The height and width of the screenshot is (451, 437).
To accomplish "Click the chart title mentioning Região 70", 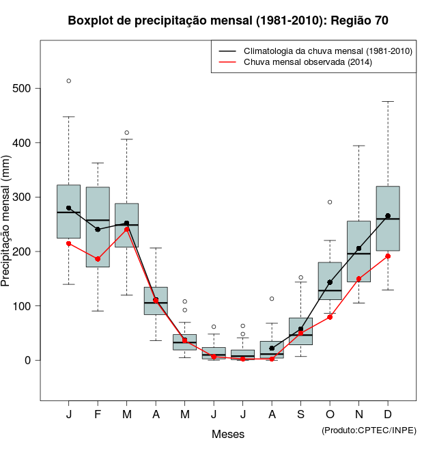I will point(228,20).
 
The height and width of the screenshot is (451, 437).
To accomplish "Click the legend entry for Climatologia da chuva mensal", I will point(328,51).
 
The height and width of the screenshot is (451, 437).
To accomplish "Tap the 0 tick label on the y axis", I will point(29,360).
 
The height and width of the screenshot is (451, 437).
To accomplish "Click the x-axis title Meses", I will point(228,434).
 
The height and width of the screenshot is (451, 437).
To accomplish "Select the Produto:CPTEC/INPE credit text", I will point(368,430).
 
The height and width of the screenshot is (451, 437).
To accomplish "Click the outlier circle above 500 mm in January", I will point(68,81).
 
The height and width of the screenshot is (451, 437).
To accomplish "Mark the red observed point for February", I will point(98,259).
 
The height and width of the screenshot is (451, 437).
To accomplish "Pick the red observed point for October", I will point(330,317).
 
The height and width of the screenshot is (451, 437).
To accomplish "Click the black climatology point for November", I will point(358,249).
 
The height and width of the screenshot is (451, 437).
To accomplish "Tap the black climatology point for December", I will point(388,216).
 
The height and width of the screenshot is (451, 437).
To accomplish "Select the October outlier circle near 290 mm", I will point(330,202).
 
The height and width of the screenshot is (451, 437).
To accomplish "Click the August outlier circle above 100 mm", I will point(272,299).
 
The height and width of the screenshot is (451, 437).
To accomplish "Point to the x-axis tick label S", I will point(300,415).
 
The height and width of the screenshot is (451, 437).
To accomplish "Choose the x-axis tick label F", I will point(98,415).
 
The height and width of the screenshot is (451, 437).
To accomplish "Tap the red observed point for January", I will point(68,243).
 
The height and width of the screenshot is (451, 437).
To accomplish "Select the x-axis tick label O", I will point(330,415).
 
